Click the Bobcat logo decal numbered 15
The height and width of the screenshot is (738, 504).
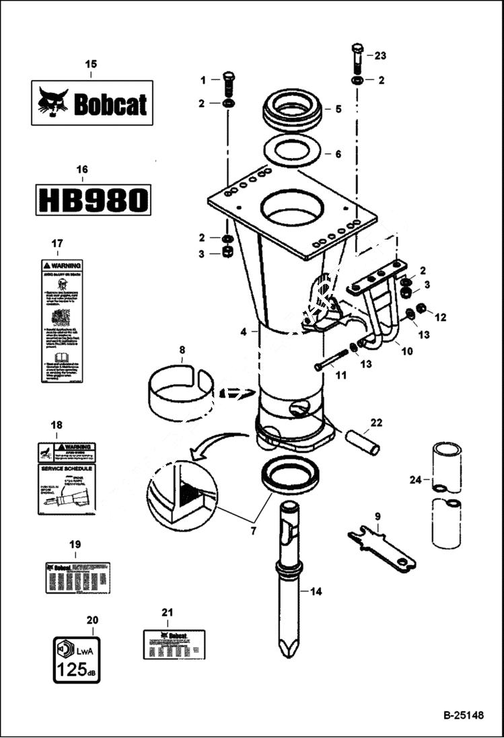[x=92, y=102]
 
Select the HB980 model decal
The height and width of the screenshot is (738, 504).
[x=93, y=200]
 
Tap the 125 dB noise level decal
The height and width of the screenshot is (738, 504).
[x=77, y=659]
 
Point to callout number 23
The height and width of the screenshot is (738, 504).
[x=381, y=55]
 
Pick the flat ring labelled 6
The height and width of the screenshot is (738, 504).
[x=292, y=153]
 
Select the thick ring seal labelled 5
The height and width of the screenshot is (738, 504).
[x=292, y=109]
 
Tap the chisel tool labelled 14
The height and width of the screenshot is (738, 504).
[x=290, y=579]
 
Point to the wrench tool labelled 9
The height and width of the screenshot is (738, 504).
[x=381, y=549]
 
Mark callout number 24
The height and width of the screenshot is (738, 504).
[x=415, y=480]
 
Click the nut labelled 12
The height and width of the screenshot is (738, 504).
[x=421, y=309]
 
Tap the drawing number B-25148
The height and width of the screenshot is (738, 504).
[x=463, y=715]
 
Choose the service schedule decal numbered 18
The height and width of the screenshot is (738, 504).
[x=65, y=478]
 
